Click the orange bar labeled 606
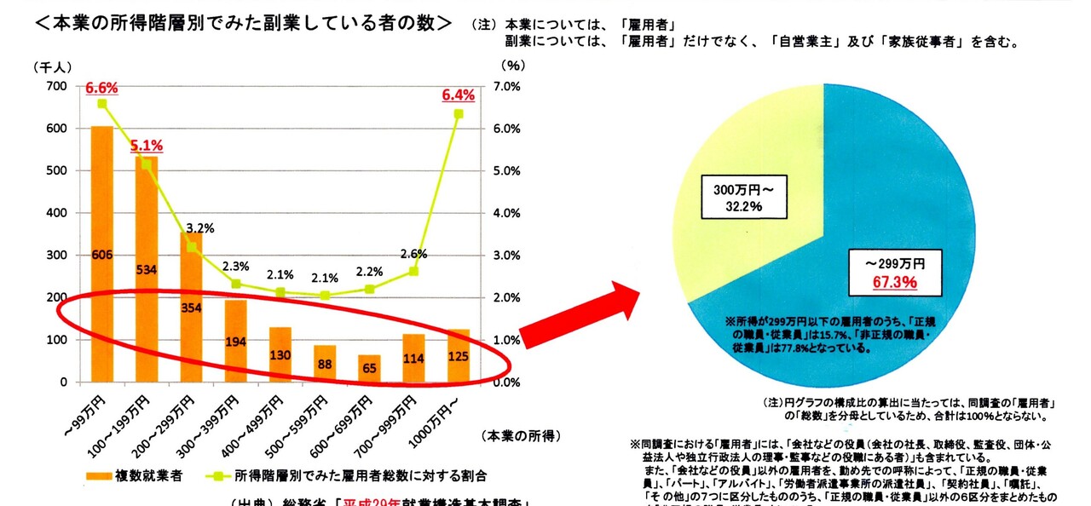(101, 256)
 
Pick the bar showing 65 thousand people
(368, 369)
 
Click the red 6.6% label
(101, 87)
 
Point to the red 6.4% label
(458, 95)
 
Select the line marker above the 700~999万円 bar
(413, 271)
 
